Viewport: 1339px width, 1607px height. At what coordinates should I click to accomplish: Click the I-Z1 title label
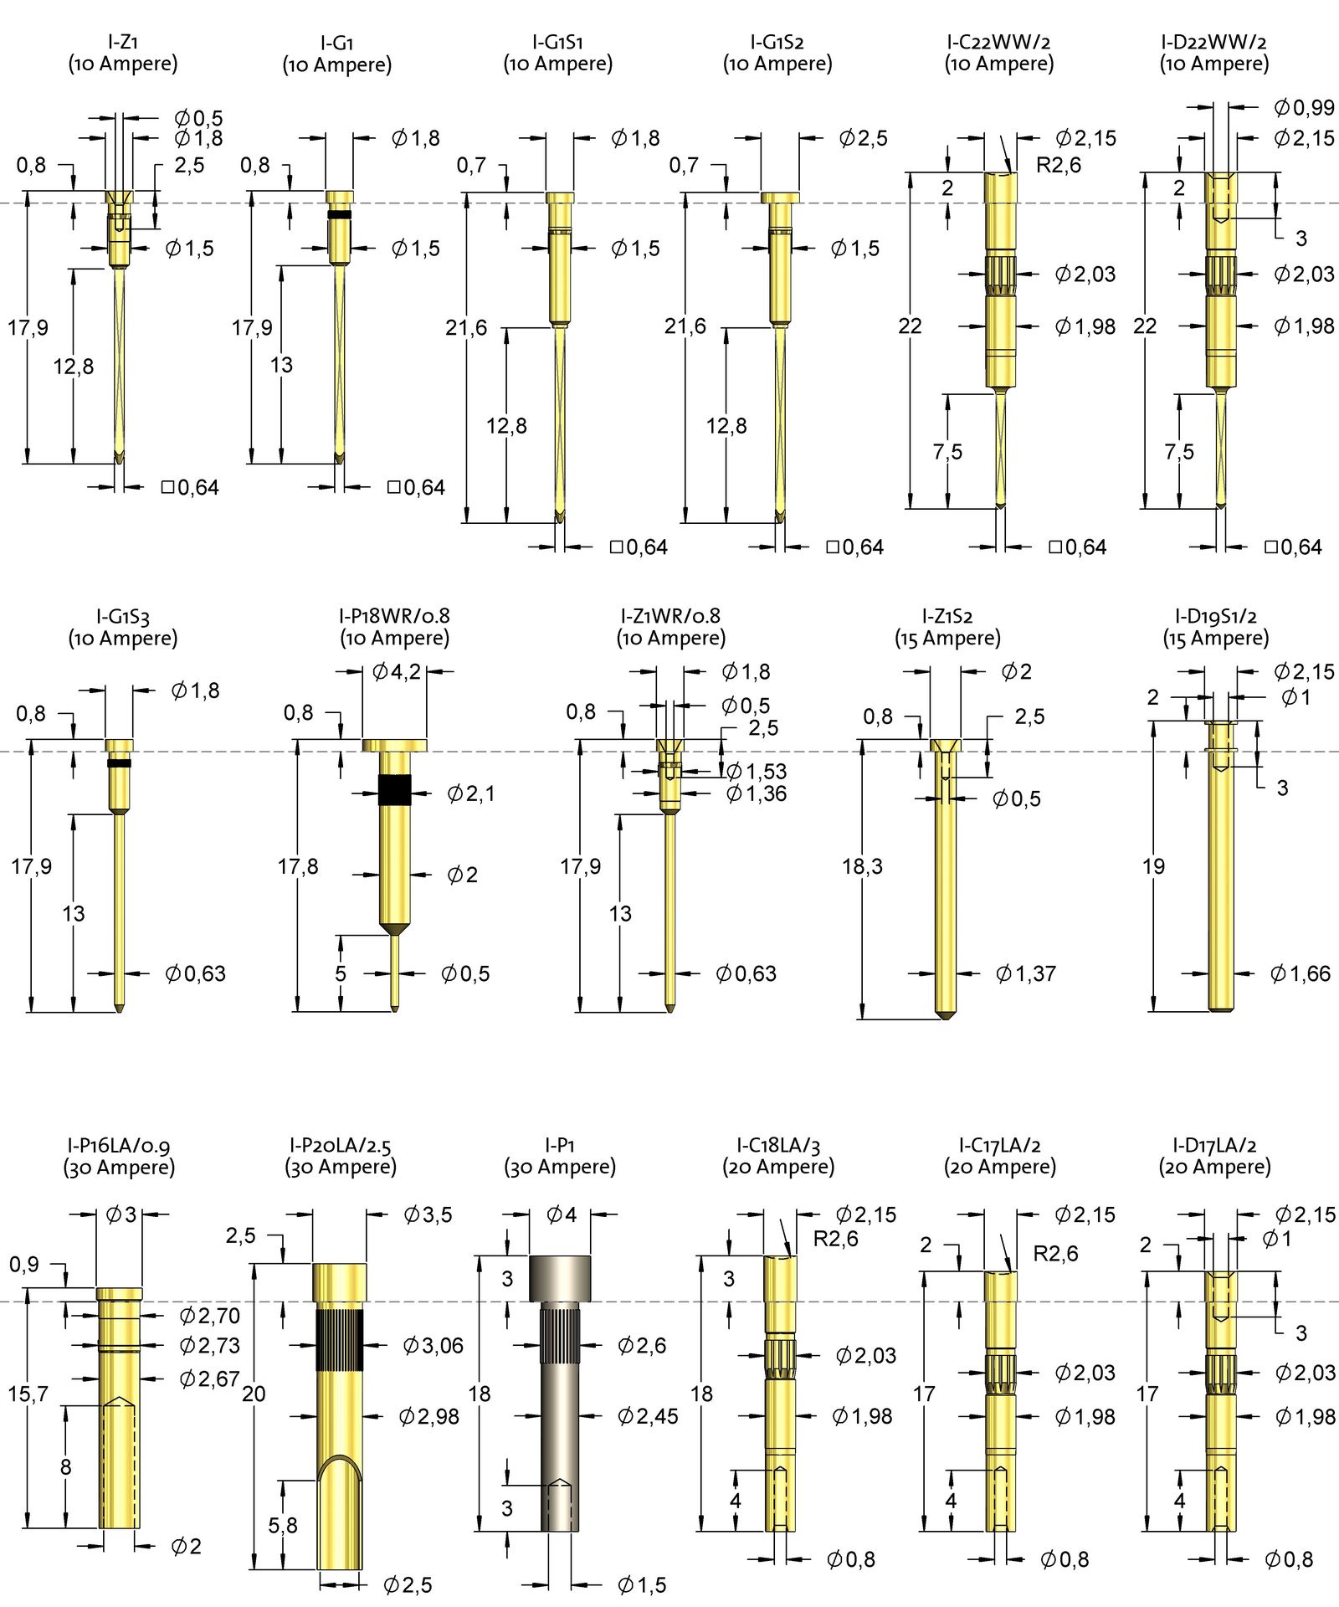click(x=123, y=41)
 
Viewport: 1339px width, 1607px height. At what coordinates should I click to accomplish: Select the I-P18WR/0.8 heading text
click(x=394, y=616)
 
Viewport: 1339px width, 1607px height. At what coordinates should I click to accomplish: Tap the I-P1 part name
click(x=559, y=1144)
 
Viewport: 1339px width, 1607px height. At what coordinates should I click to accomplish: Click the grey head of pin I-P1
click(x=559, y=1278)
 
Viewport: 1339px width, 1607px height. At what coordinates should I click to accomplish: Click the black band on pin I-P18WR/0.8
click(x=394, y=789)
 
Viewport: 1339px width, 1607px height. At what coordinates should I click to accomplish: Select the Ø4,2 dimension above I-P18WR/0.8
click(x=396, y=671)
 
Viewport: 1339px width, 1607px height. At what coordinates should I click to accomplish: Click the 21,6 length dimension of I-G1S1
click(x=466, y=327)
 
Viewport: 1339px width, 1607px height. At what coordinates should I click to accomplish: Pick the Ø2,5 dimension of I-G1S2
click(x=863, y=138)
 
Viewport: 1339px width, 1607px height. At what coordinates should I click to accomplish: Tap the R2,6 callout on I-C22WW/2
click(x=1058, y=165)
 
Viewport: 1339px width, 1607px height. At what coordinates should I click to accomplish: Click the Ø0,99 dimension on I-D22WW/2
click(x=1304, y=107)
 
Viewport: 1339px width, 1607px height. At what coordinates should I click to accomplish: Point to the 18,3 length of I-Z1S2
click(x=862, y=865)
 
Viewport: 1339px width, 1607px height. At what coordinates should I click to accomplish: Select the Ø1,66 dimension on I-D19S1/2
click(x=1300, y=973)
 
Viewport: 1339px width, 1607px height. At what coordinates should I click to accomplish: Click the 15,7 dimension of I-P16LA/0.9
click(x=28, y=1394)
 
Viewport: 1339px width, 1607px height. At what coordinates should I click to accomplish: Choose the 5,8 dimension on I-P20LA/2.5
click(x=283, y=1525)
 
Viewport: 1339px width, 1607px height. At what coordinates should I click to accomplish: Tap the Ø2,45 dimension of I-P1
click(x=647, y=1416)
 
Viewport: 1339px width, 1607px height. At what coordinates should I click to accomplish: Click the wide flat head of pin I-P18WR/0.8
click(x=394, y=745)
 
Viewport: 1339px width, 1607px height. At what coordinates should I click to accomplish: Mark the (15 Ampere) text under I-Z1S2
click(x=947, y=638)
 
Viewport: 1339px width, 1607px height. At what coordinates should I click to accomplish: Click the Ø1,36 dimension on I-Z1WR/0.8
click(x=757, y=793)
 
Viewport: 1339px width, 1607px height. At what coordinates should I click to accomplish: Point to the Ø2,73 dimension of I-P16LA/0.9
click(x=209, y=1345)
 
